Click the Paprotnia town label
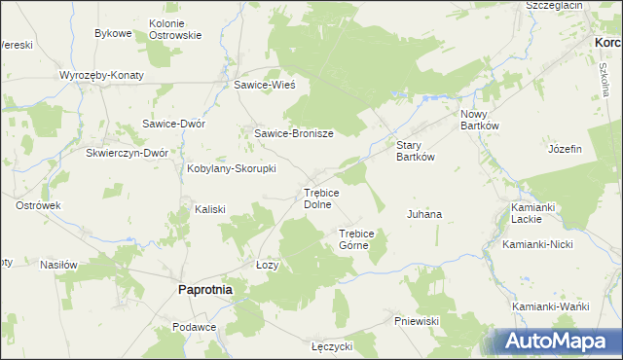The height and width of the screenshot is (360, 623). click(x=203, y=289)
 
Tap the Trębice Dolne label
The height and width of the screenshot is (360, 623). click(x=321, y=198)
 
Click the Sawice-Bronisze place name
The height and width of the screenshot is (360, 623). click(x=294, y=133)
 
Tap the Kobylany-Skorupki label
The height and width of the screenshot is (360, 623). click(x=231, y=168)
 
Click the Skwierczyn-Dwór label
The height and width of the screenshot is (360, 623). click(x=128, y=153)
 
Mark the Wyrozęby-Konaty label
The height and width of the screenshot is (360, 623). click(x=101, y=75)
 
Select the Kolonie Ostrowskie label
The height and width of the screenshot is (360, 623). click(x=175, y=28)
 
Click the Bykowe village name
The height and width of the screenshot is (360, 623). click(x=113, y=33)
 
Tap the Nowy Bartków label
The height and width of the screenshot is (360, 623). click(x=479, y=119)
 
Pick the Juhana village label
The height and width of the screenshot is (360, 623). click(x=423, y=213)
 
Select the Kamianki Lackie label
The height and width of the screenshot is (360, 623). click(x=532, y=213)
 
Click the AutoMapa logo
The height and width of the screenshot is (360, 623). click(x=556, y=342)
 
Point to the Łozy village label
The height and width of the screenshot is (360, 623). click(x=267, y=266)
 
